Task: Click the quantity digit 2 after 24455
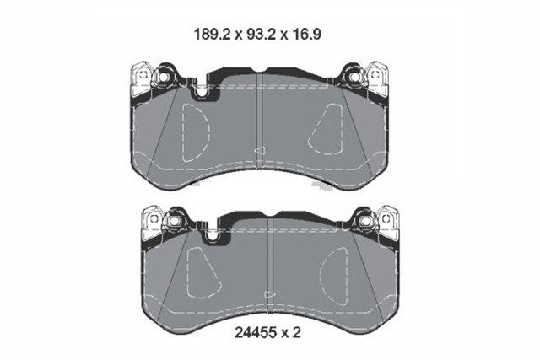pos(298,334)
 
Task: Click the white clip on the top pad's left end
pos(139,80)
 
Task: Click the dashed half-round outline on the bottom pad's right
pos(333,271)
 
